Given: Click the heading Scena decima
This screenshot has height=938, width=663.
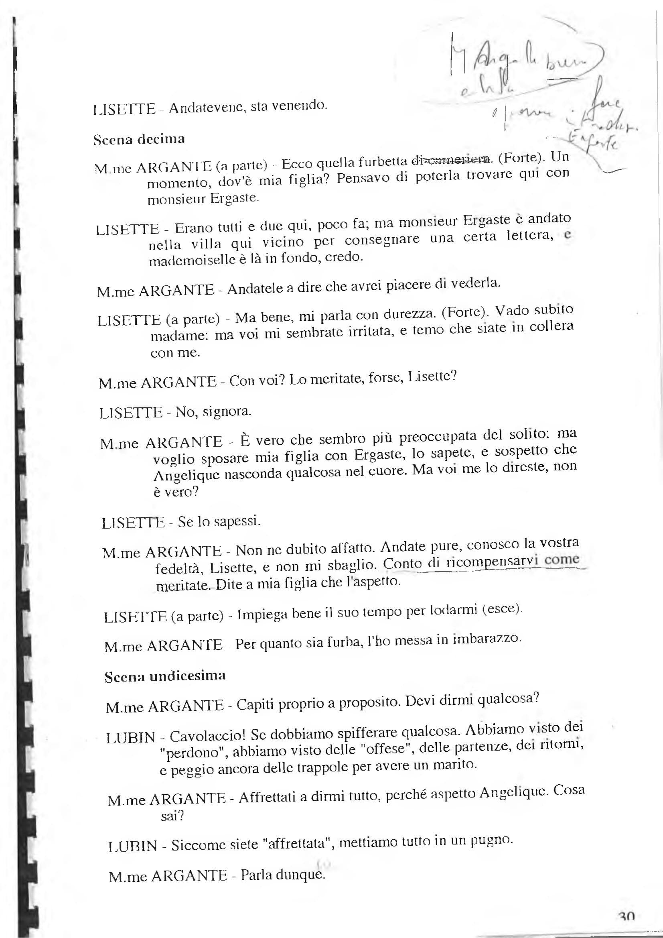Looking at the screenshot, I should [139, 139].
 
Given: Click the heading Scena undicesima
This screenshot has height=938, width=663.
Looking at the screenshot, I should [165, 676].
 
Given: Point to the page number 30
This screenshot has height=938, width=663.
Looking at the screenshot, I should [627, 916].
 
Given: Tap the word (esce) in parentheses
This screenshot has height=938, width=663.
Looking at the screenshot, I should [501, 609].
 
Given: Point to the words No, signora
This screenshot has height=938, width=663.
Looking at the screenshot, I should [213, 411].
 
